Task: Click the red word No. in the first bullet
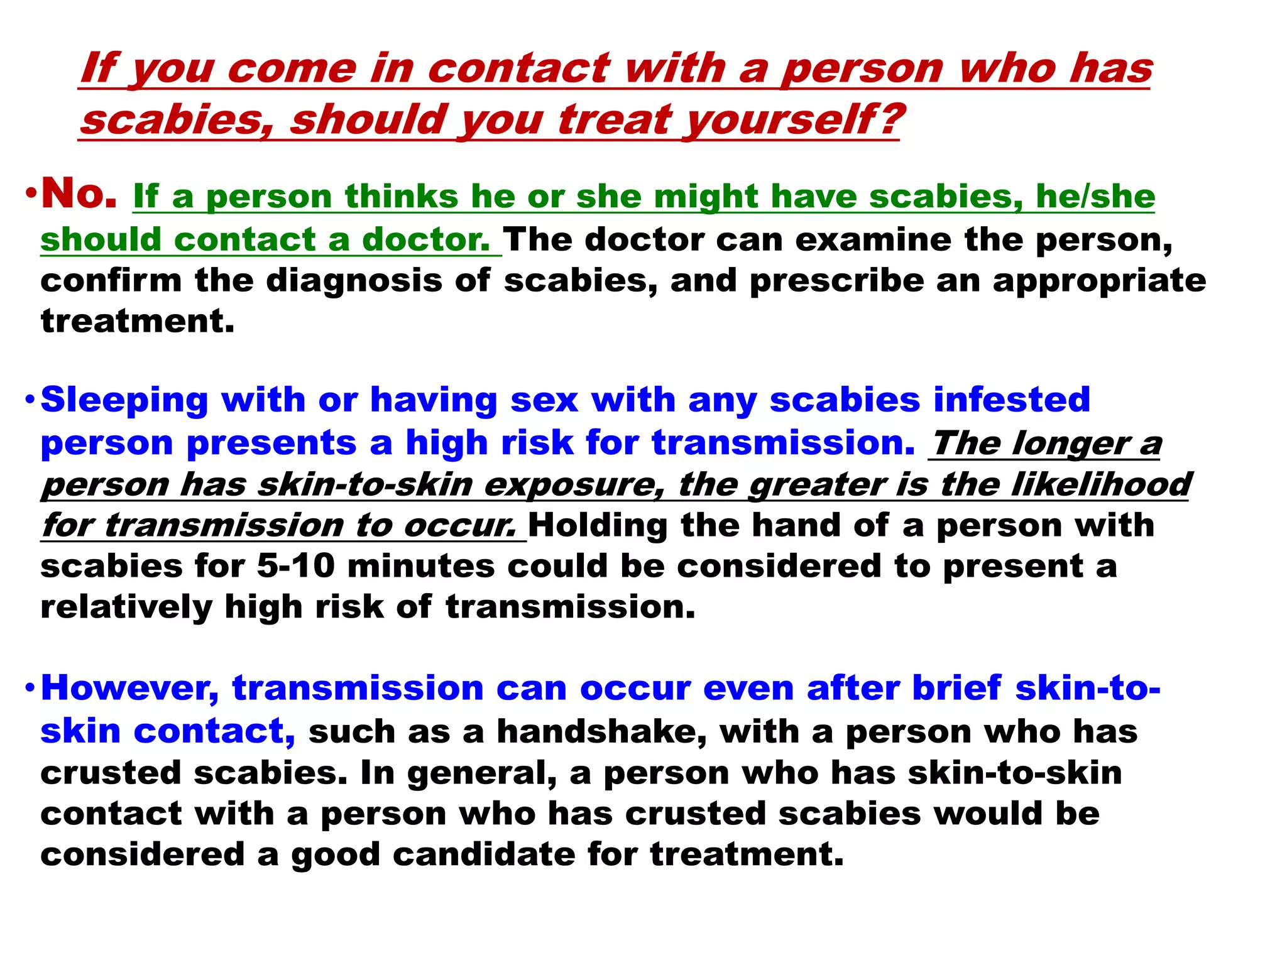tap(79, 194)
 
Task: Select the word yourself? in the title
tap(793, 119)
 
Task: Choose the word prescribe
tap(837, 281)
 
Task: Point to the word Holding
tap(598, 525)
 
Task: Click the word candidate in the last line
tap(484, 854)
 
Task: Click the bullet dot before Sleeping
tap(30, 400)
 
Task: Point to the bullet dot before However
tap(30, 689)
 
